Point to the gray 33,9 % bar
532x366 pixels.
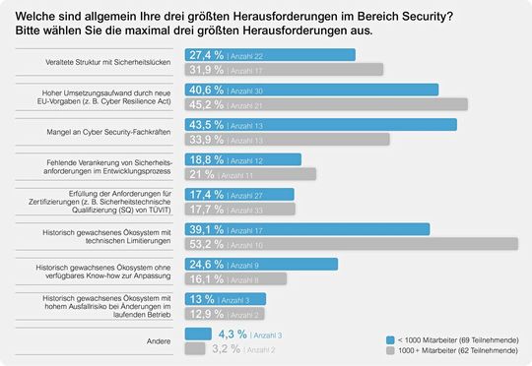coord(286,139)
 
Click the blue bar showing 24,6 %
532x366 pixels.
coord(262,264)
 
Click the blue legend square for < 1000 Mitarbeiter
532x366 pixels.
coord(390,337)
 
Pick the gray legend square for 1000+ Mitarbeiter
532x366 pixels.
coord(390,349)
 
